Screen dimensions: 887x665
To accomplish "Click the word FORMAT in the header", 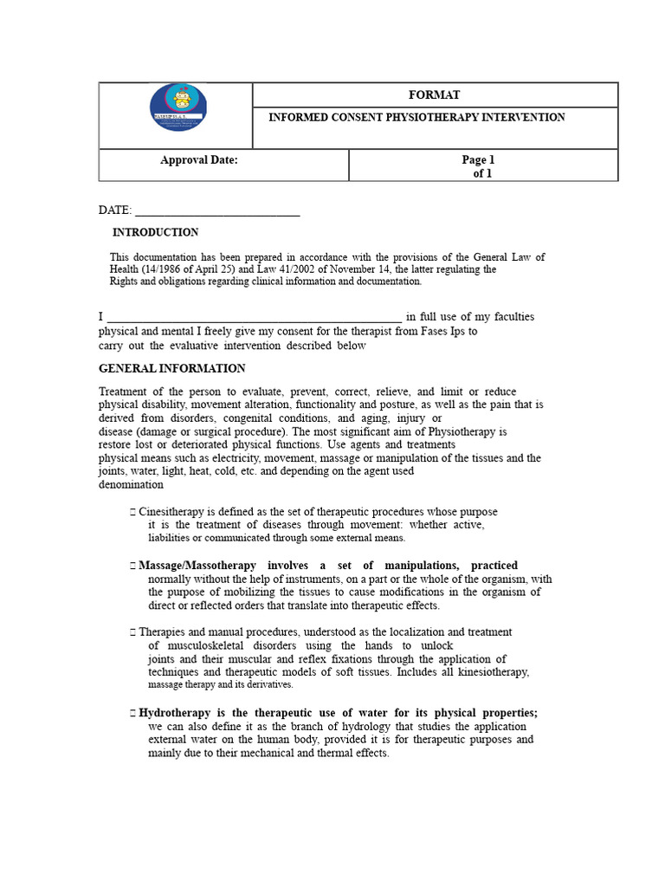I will pos(435,94).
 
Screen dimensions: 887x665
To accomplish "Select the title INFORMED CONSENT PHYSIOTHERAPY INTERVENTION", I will pos(416,117).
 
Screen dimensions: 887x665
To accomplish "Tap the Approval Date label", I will pos(199,159).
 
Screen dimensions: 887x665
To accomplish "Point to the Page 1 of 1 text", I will pos(479,166).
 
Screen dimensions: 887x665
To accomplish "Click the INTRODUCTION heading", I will pos(155,232).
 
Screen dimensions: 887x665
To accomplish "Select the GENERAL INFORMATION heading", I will pos(172,368).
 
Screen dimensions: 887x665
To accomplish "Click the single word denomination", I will pos(131,485).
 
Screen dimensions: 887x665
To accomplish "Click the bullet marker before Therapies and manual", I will pos(132,632).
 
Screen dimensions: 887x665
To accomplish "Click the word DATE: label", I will pos(115,210).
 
